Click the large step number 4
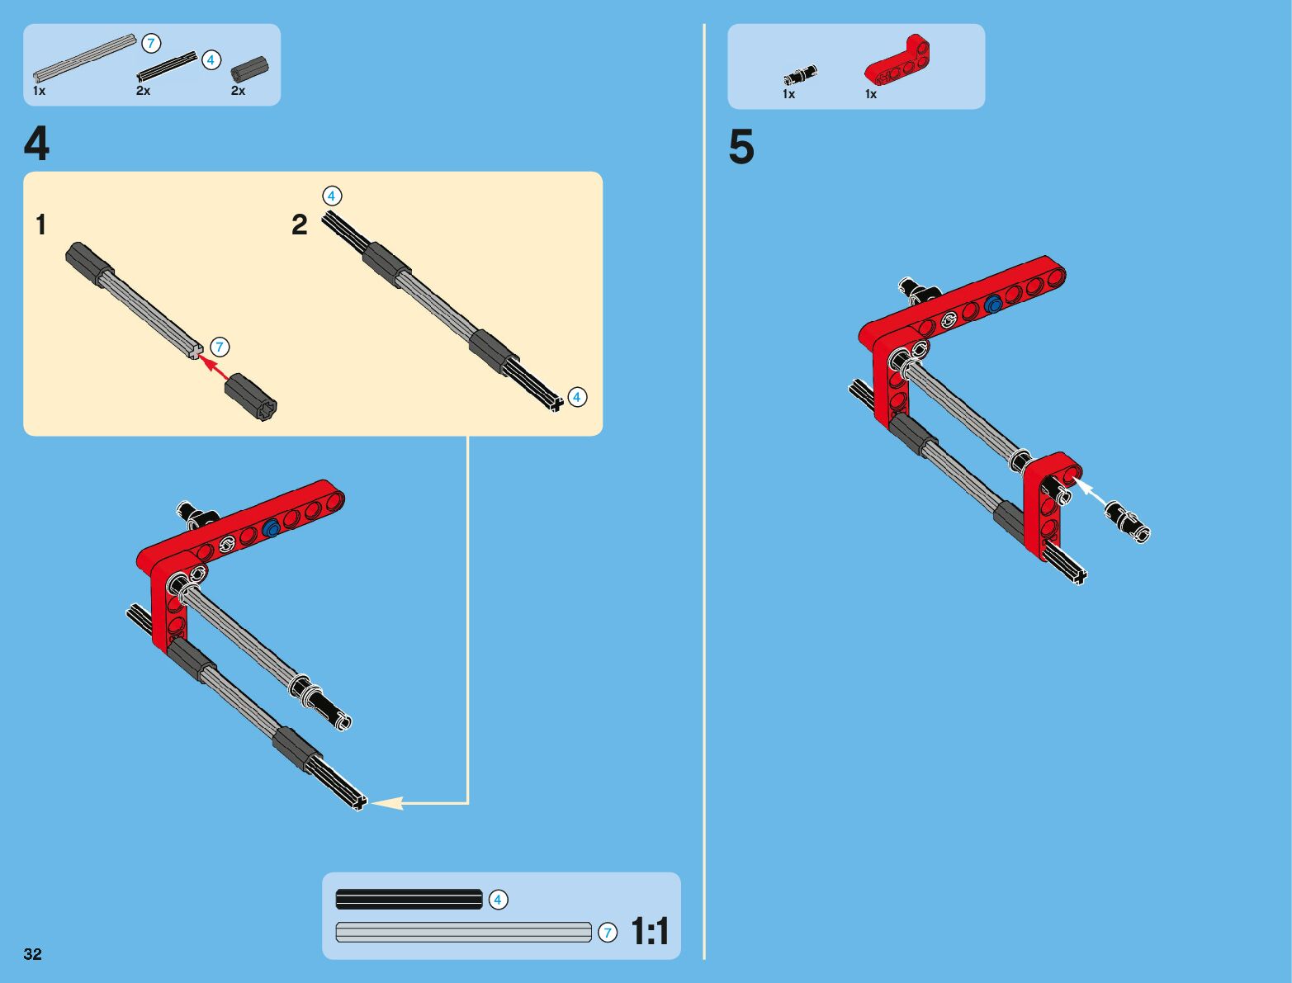(x=36, y=144)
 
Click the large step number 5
(x=741, y=146)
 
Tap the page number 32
(x=33, y=953)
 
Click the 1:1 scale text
(x=650, y=931)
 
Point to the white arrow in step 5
(x=1090, y=492)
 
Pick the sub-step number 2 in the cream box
(x=300, y=224)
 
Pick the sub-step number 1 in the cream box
(x=41, y=224)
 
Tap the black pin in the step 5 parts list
(x=800, y=75)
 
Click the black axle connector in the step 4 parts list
(x=249, y=69)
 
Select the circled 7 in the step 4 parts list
(x=151, y=44)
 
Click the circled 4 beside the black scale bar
(x=498, y=900)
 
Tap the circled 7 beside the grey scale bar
(x=608, y=933)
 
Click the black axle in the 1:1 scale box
(x=409, y=900)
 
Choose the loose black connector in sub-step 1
(x=251, y=396)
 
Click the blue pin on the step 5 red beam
(x=994, y=304)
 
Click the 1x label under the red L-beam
(x=871, y=94)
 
